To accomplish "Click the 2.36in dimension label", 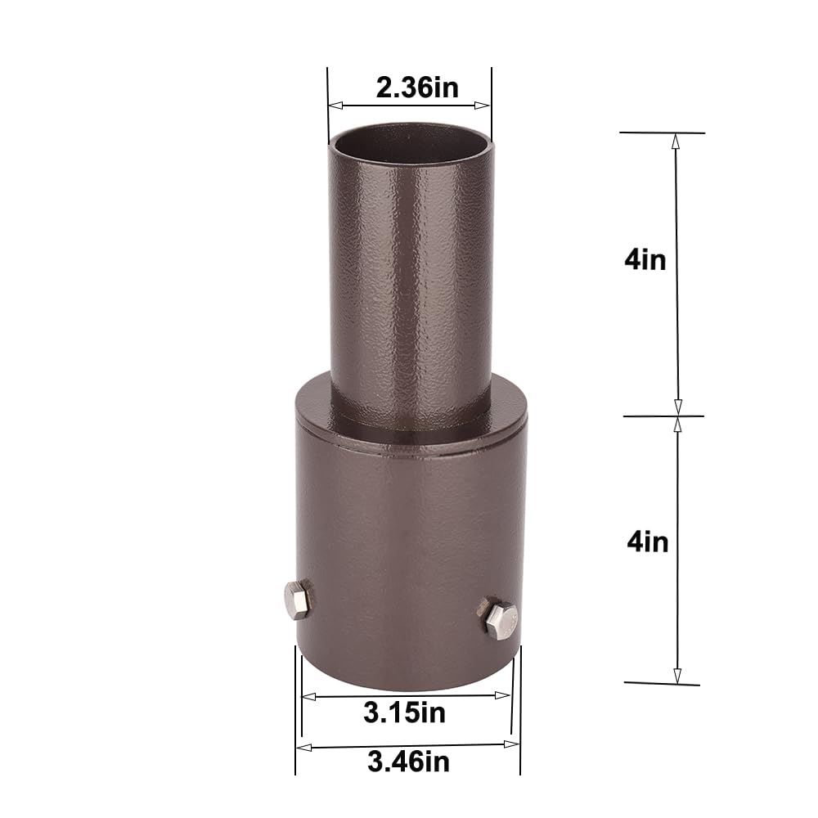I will tap(417, 88).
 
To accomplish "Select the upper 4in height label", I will tap(645, 260).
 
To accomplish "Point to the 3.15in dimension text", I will tap(405, 712).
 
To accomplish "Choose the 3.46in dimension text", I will tap(408, 762).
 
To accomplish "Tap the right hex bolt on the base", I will tap(500, 619).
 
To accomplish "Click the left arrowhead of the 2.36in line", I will tap(334, 106).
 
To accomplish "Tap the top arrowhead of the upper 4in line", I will tap(676, 140).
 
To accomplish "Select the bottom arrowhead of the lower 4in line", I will tap(677, 676).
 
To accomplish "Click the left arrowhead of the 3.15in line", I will tap(308, 697).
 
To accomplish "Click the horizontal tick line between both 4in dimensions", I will tap(663, 416).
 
